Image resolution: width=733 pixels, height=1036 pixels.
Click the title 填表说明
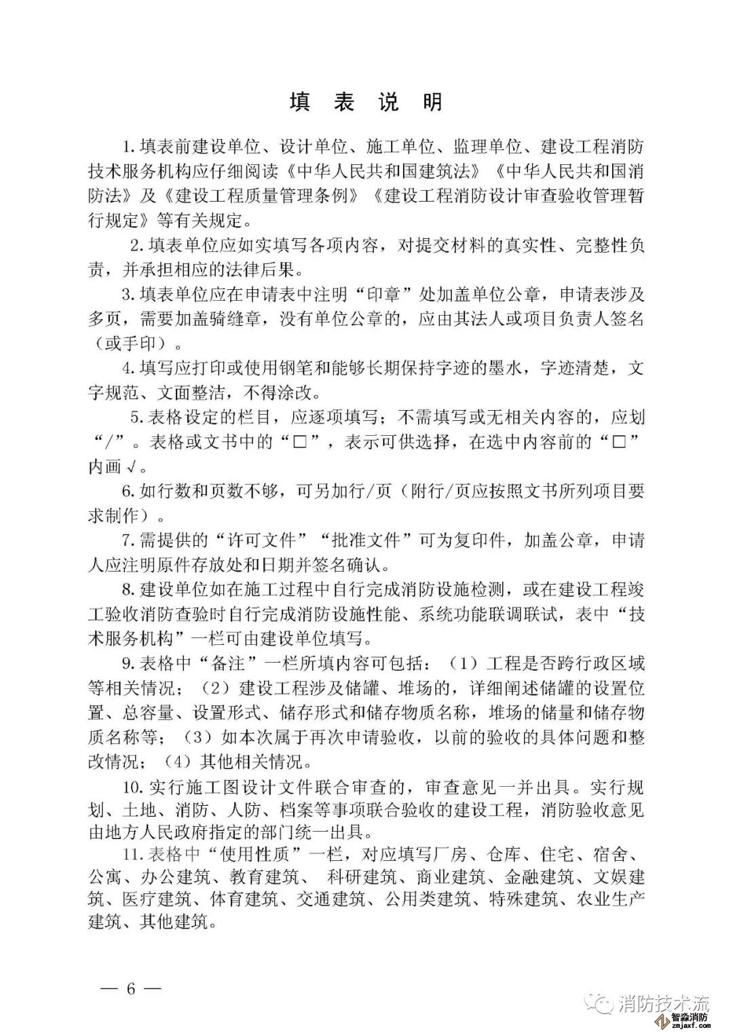point(366,102)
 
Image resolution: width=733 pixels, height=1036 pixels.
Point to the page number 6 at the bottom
point(131,988)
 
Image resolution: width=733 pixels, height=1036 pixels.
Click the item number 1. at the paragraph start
point(129,146)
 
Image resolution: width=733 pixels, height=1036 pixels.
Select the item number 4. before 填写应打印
point(129,367)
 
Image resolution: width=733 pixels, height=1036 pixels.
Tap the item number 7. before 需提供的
point(129,540)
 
